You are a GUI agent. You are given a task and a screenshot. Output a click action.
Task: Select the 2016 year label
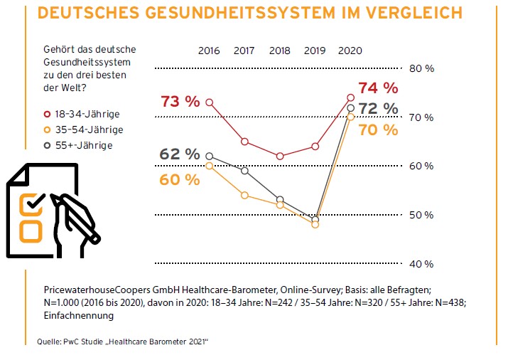click(x=209, y=51)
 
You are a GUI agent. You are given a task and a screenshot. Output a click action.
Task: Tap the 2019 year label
click(x=315, y=51)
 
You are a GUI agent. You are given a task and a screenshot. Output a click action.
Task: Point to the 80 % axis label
click(x=421, y=68)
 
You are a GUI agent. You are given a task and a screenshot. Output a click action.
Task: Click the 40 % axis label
click(x=421, y=264)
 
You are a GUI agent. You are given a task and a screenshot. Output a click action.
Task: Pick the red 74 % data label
click(x=378, y=88)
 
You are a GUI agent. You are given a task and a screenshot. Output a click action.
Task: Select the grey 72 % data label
click(x=378, y=108)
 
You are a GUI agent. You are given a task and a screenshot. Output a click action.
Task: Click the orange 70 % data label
click(x=378, y=129)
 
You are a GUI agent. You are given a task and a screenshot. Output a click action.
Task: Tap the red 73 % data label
click(x=180, y=101)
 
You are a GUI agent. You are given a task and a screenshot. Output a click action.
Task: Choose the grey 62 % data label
click(x=180, y=154)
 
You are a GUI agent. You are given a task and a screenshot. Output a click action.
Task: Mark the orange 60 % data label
click(x=180, y=179)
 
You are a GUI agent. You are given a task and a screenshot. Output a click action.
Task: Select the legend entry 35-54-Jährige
click(x=82, y=129)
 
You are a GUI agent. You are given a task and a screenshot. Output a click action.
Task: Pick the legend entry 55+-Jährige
click(x=77, y=145)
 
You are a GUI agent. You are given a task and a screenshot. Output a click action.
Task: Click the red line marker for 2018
click(x=280, y=156)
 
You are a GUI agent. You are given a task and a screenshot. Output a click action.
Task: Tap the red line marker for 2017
click(x=244, y=142)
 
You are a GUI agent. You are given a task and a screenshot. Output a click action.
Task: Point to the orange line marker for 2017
click(x=244, y=195)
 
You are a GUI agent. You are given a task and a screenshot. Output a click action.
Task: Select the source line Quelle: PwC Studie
click(x=122, y=342)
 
